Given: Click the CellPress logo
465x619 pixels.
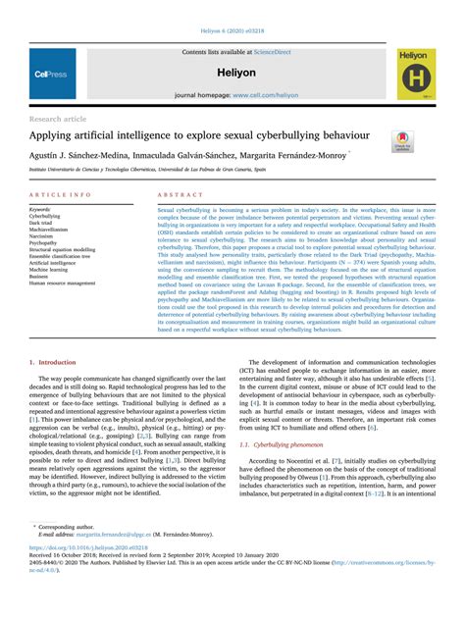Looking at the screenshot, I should (x=49, y=73).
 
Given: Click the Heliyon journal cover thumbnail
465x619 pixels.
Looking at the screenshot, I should (x=416, y=73).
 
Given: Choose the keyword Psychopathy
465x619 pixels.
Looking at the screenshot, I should (x=48, y=243).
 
